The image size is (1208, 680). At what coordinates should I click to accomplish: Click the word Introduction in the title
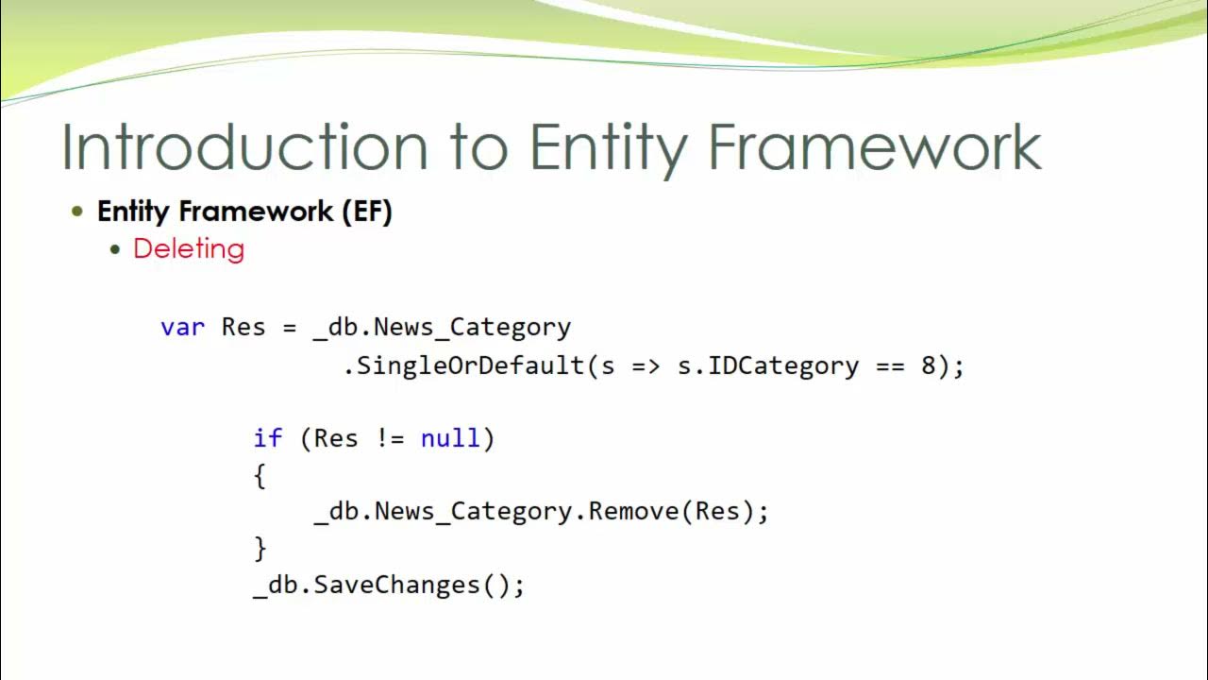244,148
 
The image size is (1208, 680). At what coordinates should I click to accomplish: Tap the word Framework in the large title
874,148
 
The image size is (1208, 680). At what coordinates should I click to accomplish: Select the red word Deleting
189,248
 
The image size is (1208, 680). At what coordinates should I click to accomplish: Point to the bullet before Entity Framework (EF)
77,211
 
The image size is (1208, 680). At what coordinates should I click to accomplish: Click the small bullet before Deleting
115,249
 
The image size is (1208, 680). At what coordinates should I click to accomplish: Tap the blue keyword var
183,328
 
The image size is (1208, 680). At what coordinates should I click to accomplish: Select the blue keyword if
267,438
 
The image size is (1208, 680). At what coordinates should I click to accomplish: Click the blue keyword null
450,438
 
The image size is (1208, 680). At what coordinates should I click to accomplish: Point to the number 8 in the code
929,365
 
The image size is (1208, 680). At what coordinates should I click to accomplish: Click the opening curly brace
260,476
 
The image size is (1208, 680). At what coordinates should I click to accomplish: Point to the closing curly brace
260,549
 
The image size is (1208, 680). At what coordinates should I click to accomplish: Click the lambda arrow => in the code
646,366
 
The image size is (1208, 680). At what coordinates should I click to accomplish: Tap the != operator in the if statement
390,438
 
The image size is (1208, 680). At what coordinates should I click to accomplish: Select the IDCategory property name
783,366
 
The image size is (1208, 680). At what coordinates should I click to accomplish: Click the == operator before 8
890,366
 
